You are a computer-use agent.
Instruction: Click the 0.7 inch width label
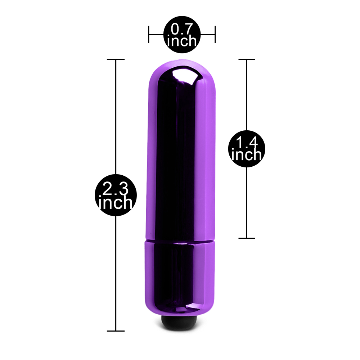click(182, 35)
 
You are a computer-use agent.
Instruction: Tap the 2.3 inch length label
click(116, 195)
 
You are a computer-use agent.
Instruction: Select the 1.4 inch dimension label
click(247, 149)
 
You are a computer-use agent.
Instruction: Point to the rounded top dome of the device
click(182, 71)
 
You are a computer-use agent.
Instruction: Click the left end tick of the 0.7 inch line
click(149, 35)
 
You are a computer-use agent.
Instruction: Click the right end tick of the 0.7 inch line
click(215, 35)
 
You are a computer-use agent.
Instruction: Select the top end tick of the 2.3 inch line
click(116, 59)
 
